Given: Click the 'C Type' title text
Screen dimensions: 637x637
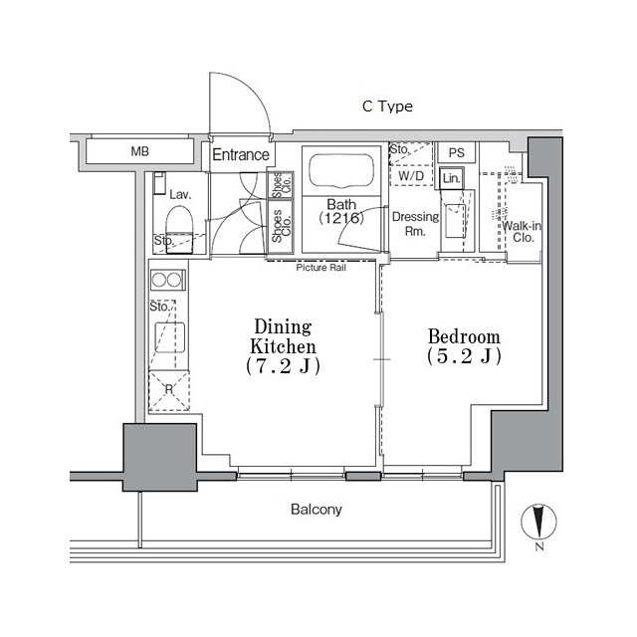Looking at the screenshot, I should pyautogui.click(x=387, y=106).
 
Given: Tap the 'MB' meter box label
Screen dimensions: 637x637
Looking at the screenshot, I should pyautogui.click(x=140, y=152).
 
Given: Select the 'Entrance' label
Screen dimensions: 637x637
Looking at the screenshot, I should pyautogui.click(x=240, y=154).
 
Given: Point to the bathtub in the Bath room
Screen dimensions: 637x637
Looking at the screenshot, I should pyautogui.click(x=340, y=171).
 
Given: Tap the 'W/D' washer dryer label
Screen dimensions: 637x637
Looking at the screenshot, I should pyautogui.click(x=411, y=176).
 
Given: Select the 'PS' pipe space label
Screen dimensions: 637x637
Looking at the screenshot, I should pyautogui.click(x=456, y=153).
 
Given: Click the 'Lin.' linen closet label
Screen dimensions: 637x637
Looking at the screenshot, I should pyautogui.click(x=451, y=178).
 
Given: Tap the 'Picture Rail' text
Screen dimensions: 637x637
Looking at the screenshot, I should pyautogui.click(x=320, y=267).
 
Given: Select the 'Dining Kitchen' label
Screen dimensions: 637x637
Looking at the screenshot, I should pyautogui.click(x=284, y=336).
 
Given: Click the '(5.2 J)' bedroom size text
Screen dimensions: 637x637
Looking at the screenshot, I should pyautogui.click(x=464, y=356).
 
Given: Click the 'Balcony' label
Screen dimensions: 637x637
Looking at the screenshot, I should pyautogui.click(x=317, y=510).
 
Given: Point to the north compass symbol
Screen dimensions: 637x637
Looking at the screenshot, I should pyautogui.click(x=538, y=525).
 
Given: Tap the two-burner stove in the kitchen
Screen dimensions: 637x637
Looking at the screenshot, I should pyautogui.click(x=165, y=281).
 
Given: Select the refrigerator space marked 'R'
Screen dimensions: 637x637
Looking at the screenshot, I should pyautogui.click(x=167, y=390).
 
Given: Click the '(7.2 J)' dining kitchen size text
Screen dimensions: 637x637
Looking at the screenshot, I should pyautogui.click(x=284, y=366).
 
